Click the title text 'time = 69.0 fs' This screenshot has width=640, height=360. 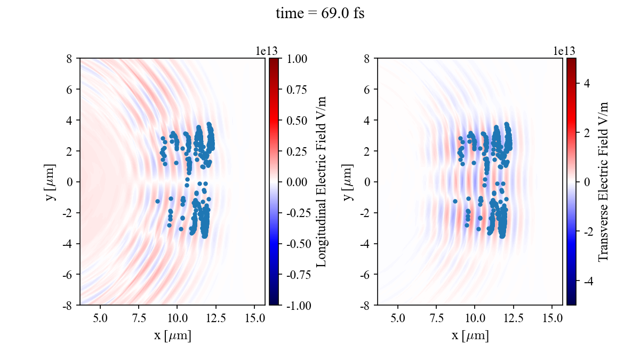click(x=320, y=14)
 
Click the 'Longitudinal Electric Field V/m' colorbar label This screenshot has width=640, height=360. click(x=321, y=181)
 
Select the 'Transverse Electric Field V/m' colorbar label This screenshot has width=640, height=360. click(x=603, y=181)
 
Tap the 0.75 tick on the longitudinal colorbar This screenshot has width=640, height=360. click(x=295, y=89)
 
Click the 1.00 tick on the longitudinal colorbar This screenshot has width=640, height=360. click(x=295, y=58)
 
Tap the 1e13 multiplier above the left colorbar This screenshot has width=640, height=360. click(x=267, y=51)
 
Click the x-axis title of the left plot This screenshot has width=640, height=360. click(x=172, y=336)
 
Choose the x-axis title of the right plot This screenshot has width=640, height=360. click(x=470, y=336)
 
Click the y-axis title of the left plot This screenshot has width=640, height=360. click(x=51, y=181)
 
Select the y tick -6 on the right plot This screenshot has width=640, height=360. click(x=366, y=274)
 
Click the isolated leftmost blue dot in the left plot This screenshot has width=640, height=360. click(x=157, y=201)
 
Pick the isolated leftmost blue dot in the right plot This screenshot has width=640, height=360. click(x=455, y=201)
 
